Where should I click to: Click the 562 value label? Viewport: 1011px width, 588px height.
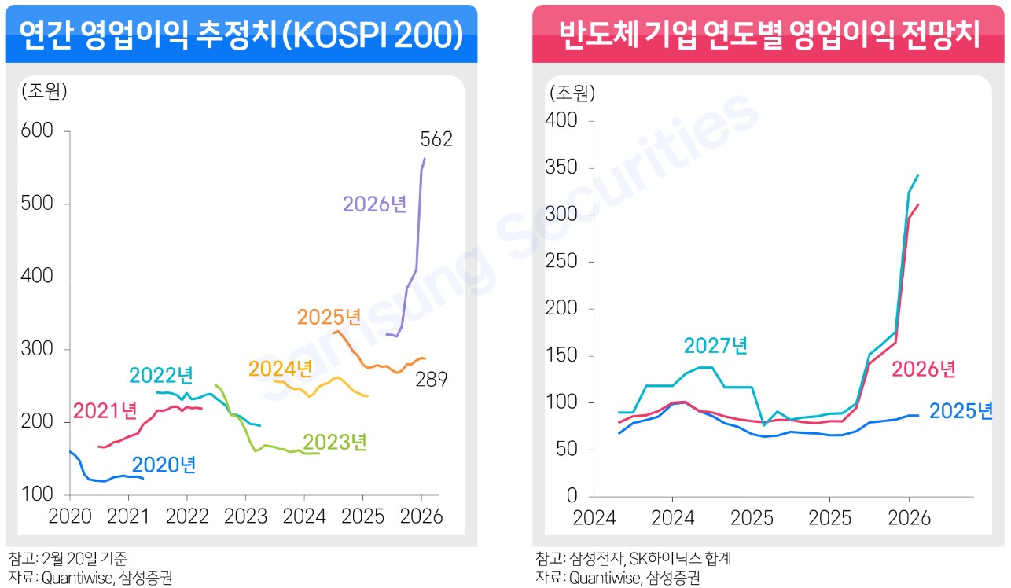[436, 140]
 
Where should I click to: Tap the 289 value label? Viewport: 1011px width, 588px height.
[432, 380]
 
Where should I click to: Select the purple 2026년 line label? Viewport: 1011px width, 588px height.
[374, 204]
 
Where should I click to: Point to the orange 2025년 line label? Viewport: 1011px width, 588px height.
[329, 318]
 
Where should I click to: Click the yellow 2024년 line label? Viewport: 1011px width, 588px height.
[281, 368]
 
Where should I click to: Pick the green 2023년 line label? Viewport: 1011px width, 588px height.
[335, 442]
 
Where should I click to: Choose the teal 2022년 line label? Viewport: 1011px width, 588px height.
[161, 375]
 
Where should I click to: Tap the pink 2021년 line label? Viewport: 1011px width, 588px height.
[105, 410]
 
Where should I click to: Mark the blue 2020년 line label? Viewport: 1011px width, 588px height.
[164, 465]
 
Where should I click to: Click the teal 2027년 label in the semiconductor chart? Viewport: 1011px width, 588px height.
[715, 345]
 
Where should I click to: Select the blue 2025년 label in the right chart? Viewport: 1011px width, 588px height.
[961, 410]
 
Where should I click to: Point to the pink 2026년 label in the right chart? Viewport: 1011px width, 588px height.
[923, 368]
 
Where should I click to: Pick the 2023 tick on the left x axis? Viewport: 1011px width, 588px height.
[245, 516]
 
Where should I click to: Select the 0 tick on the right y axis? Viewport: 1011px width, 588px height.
[572, 497]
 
